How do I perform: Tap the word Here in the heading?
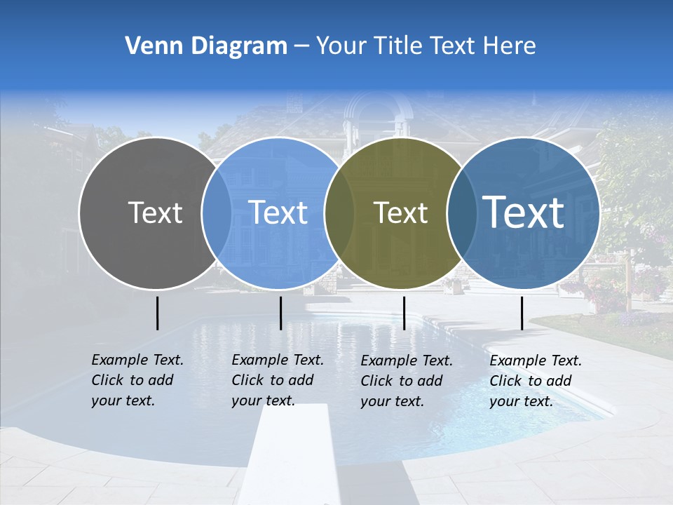click(x=510, y=46)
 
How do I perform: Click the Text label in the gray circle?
click(x=155, y=213)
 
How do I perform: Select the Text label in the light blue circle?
click(x=278, y=213)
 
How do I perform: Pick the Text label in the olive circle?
click(x=401, y=213)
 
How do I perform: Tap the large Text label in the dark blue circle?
click(x=524, y=213)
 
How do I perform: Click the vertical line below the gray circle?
click(x=158, y=313)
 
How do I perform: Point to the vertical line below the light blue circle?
click(x=280, y=313)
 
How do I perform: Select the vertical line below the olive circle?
click(x=404, y=313)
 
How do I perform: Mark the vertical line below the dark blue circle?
click(x=522, y=313)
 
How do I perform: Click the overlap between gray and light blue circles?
click(x=217, y=213)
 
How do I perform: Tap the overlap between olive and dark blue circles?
click(x=460, y=213)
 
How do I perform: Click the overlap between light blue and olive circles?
click(x=339, y=213)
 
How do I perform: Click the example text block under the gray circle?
click(x=137, y=380)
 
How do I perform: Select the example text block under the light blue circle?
click(x=277, y=380)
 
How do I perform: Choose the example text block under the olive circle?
click(x=406, y=381)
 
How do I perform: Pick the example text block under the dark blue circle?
click(x=535, y=381)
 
